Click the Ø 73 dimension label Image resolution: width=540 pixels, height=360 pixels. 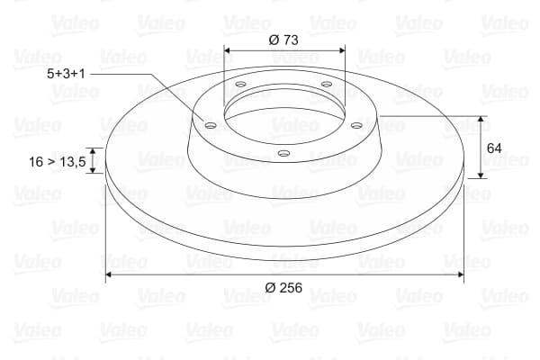point(283,40)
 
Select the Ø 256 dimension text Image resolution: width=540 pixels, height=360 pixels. point(283,287)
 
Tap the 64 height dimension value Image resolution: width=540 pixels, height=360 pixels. point(494,148)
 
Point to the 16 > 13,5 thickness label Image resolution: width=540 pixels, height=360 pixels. point(58,162)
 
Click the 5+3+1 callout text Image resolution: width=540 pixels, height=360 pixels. point(66,74)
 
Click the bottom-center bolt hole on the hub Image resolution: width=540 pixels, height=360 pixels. point(283,153)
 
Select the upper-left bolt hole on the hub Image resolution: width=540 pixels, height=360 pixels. point(240,84)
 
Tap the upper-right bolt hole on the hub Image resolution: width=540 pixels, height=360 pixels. point(326,84)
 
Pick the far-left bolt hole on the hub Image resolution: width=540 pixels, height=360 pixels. point(210,125)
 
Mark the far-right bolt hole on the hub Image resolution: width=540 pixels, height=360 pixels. point(356,125)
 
